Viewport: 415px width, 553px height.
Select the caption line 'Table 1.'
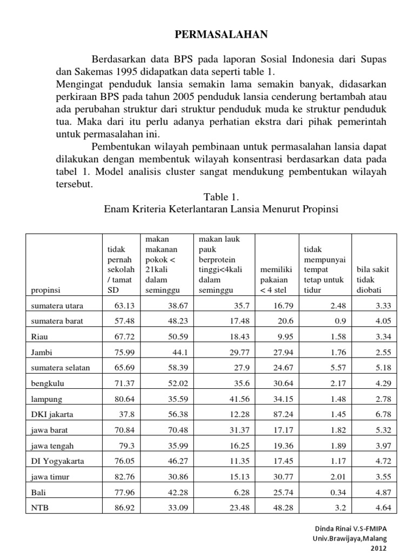tap(220, 198)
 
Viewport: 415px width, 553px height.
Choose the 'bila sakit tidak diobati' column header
tap(373, 280)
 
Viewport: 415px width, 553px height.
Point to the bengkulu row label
tap(45, 383)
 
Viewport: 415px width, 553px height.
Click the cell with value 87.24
tap(280, 415)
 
